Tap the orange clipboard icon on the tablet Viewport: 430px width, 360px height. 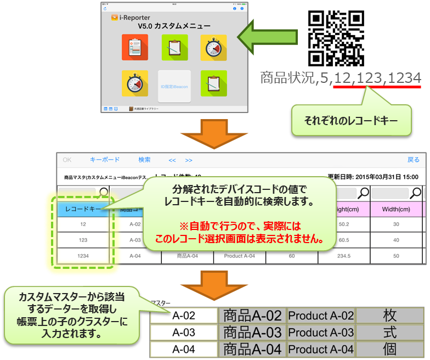click(x=131, y=47)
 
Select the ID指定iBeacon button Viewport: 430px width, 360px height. click(x=174, y=86)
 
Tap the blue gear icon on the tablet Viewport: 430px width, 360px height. click(x=242, y=9)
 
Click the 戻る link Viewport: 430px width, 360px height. click(x=413, y=160)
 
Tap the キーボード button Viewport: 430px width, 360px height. click(x=105, y=160)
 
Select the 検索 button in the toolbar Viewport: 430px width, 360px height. click(x=144, y=160)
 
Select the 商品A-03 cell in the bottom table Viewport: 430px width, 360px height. click(x=252, y=333)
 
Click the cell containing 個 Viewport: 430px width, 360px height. click(x=390, y=349)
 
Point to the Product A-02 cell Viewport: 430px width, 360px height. click(x=321, y=316)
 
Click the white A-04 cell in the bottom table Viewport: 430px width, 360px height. click(x=184, y=349)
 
